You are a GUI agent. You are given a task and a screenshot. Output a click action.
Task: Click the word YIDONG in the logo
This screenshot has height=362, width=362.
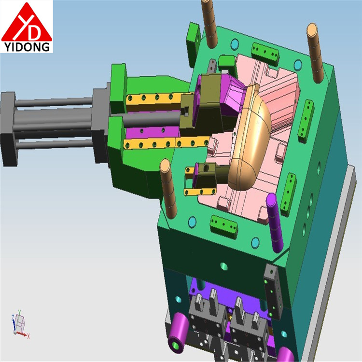(x=27, y=47)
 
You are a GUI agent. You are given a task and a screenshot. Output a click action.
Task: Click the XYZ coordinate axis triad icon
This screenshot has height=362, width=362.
(x=20, y=325)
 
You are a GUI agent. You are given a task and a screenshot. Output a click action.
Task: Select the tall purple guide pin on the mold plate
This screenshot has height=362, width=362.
(x=274, y=223)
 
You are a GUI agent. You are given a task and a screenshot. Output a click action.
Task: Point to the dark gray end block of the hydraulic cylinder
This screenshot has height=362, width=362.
(x=9, y=129)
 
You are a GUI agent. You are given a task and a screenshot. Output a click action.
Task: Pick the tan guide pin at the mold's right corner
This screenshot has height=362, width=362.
(x=315, y=53)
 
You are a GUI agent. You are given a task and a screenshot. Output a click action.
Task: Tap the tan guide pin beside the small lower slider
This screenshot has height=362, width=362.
(x=168, y=188)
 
